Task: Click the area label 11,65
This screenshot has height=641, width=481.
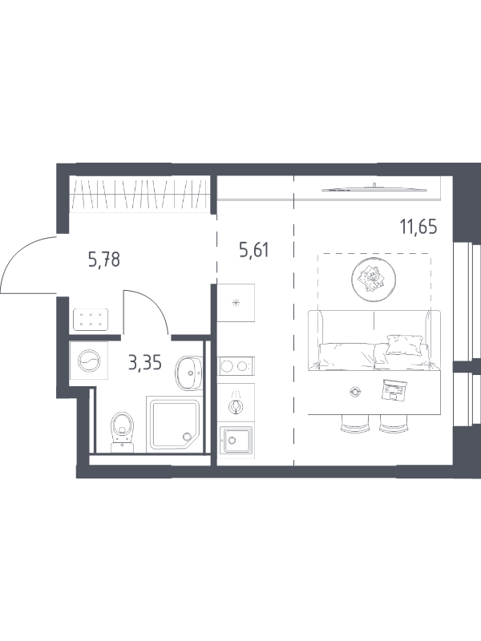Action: tap(418, 227)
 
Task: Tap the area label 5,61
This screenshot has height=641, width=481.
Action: tap(254, 250)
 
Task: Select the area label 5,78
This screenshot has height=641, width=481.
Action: tap(104, 259)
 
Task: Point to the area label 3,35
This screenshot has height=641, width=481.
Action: tap(145, 362)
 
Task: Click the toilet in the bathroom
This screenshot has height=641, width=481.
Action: tap(123, 432)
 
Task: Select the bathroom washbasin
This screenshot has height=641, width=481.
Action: tap(189, 373)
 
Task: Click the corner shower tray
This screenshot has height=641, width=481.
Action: tap(175, 425)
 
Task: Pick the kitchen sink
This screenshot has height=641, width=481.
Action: tap(235, 440)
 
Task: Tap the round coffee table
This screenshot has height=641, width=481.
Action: tap(374, 278)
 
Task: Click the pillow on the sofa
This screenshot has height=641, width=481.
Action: tap(405, 345)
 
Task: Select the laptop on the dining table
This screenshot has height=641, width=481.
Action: tap(394, 390)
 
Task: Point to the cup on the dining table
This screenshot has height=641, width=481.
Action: tap(354, 392)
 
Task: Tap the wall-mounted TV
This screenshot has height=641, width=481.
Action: tap(374, 188)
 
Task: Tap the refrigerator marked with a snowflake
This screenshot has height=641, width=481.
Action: tap(236, 303)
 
